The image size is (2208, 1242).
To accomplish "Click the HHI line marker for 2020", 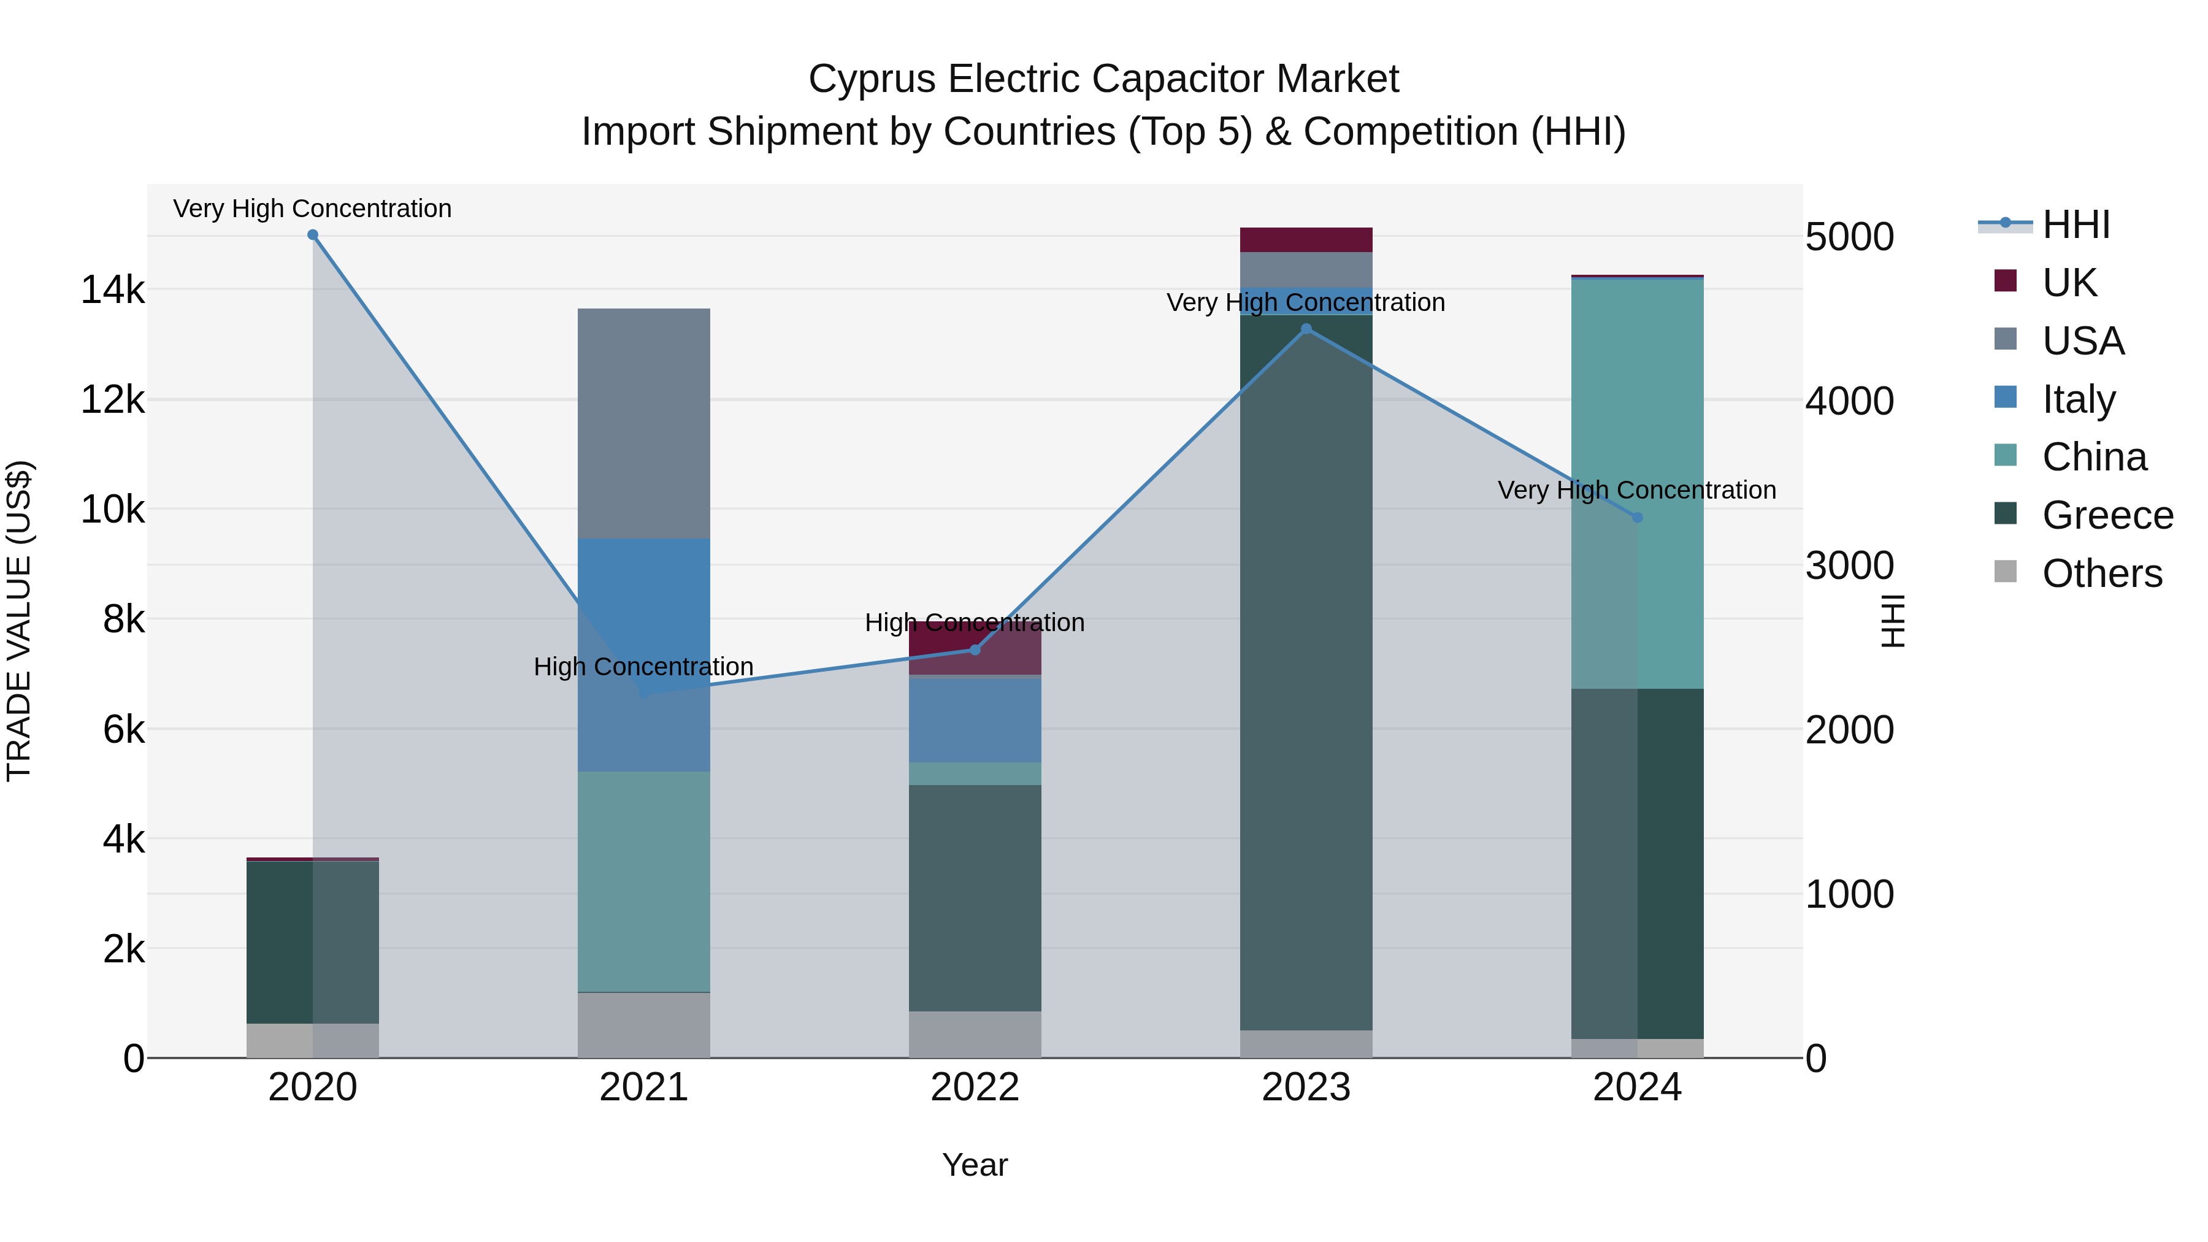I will (313, 235).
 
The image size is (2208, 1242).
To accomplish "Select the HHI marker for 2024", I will (1637, 518).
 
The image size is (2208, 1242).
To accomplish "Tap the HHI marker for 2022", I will (975, 650).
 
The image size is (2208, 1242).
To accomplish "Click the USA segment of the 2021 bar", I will (644, 423).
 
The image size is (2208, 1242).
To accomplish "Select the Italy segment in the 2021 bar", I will (644, 600).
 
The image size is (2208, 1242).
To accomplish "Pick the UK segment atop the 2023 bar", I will (1306, 240).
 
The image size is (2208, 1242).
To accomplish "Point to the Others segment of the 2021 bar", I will (644, 1025).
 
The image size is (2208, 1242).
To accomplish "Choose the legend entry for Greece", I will (2107, 515).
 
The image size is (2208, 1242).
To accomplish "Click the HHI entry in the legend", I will (2074, 224).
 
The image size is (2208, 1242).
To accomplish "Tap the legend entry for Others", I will (2102, 573).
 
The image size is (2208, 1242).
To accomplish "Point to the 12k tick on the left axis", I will (112, 399).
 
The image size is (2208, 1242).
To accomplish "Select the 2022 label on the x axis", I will (975, 1087).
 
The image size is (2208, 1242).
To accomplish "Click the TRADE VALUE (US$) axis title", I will (20, 621).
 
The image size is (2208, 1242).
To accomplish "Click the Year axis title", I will (975, 1165).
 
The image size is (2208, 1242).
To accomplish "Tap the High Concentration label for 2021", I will (644, 667).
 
